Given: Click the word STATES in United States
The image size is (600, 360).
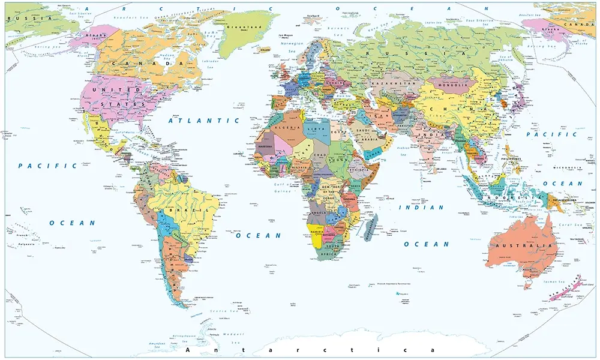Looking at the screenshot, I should pyautogui.click(x=122, y=104).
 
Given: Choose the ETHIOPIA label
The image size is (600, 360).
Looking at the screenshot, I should pyautogui.click(x=359, y=170).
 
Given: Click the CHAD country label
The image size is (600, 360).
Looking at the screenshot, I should pyautogui.click(x=320, y=155).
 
